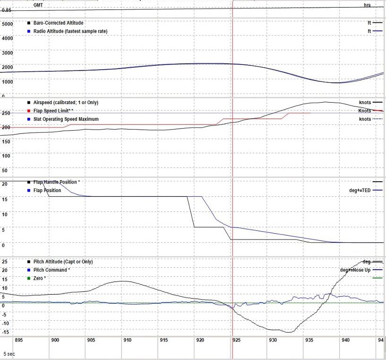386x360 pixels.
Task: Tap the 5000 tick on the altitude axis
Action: (7, 24)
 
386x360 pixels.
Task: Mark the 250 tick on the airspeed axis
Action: (6, 113)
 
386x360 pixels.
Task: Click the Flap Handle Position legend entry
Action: (57, 182)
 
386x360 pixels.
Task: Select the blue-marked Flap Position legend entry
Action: (47, 190)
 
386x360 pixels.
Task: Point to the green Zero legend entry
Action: (40, 278)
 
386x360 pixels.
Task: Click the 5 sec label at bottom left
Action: (9, 353)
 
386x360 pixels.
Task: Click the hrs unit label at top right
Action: (367, 5)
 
